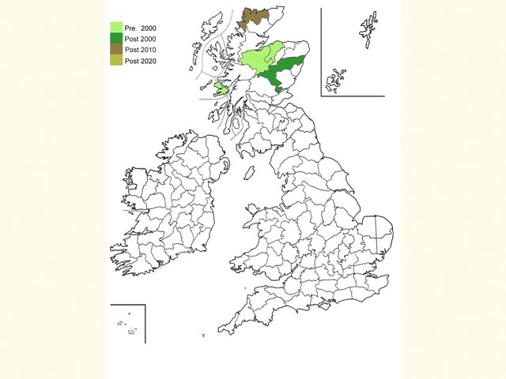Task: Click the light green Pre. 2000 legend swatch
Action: pos(115,28)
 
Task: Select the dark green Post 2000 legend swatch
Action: pos(115,38)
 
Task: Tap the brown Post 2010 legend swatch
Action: pos(115,49)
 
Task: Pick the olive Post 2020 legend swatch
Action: pos(115,60)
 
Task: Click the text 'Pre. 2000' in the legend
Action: pos(141,28)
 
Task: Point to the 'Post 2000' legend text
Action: pos(141,39)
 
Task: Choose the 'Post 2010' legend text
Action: pos(141,50)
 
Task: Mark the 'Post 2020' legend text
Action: pos(141,61)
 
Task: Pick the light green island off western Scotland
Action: pos(221,88)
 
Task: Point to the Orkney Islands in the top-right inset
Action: pos(338,79)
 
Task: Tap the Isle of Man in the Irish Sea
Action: pos(247,172)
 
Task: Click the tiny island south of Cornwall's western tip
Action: pos(203,336)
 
